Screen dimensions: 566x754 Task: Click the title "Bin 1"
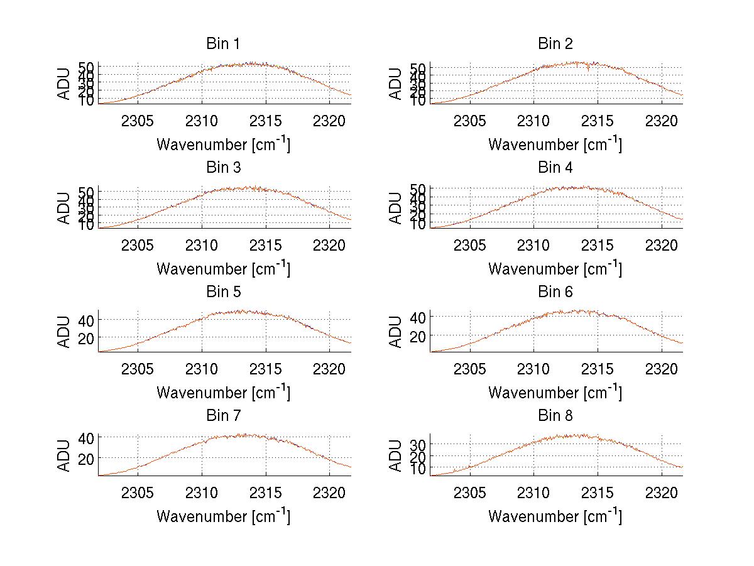[x=223, y=44]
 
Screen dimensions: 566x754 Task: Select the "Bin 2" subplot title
[x=555, y=44]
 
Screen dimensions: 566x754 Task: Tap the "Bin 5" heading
[x=223, y=292]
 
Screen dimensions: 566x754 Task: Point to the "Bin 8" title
[x=555, y=416]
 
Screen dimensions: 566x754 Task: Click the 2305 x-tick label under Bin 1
[x=138, y=121]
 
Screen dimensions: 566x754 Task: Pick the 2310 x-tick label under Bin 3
[x=202, y=244]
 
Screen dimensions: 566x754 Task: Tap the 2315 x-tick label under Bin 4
[x=598, y=244]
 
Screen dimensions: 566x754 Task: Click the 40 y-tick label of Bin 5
[x=86, y=320]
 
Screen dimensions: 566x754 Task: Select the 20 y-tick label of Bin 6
[x=418, y=337]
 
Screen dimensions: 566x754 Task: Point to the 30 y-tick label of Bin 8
[x=418, y=445]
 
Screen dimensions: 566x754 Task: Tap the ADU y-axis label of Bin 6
[x=396, y=332]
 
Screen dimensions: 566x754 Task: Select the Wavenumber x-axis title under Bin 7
[x=223, y=516]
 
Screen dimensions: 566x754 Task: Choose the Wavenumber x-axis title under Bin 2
[x=555, y=144]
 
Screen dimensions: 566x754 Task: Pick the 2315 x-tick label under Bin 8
[x=598, y=492]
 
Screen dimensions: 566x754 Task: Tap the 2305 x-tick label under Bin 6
[x=469, y=368]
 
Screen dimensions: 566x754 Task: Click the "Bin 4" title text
[x=555, y=168]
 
